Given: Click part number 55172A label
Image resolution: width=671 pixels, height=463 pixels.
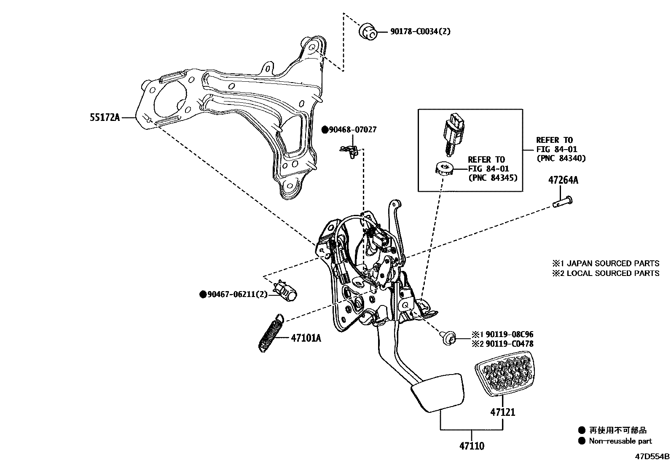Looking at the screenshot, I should [x=104, y=118].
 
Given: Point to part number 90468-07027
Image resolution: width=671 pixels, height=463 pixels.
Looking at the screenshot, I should [x=352, y=130].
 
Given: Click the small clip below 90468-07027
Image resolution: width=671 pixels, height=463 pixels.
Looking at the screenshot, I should [x=350, y=150].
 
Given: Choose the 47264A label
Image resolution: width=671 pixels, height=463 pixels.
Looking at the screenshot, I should [x=563, y=180].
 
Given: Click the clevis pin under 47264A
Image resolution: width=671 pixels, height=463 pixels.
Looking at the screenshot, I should [x=563, y=201].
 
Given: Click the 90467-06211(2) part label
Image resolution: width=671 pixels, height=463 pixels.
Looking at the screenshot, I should [x=237, y=294].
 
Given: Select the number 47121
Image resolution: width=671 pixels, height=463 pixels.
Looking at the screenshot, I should [x=502, y=412].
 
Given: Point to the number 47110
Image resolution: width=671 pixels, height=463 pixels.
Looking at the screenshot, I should [x=472, y=446].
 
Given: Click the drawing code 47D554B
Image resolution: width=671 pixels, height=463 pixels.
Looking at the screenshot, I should [x=652, y=457].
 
